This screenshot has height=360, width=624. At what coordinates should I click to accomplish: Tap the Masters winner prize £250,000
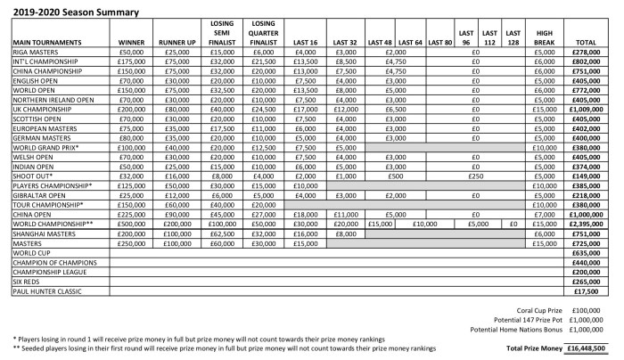132,243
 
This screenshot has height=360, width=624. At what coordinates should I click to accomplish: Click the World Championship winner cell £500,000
132,224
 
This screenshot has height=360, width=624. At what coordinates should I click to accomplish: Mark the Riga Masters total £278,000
592,53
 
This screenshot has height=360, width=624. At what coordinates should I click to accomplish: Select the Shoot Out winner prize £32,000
132,176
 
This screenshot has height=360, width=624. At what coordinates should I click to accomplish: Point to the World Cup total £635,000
592,253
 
